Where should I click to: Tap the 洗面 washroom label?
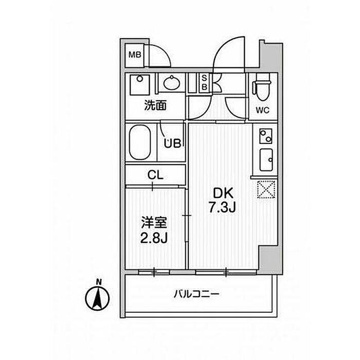coord(155,106)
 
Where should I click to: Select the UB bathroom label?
coord(172,143)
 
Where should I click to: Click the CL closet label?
coord(155,175)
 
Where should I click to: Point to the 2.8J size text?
coord(155,238)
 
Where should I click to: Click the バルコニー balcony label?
coord(196,295)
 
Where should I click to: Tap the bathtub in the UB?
coord(139,141)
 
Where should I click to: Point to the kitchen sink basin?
coord(267,160)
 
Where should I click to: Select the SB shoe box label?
coord(204,83)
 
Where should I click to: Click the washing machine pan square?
coord(139,84)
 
